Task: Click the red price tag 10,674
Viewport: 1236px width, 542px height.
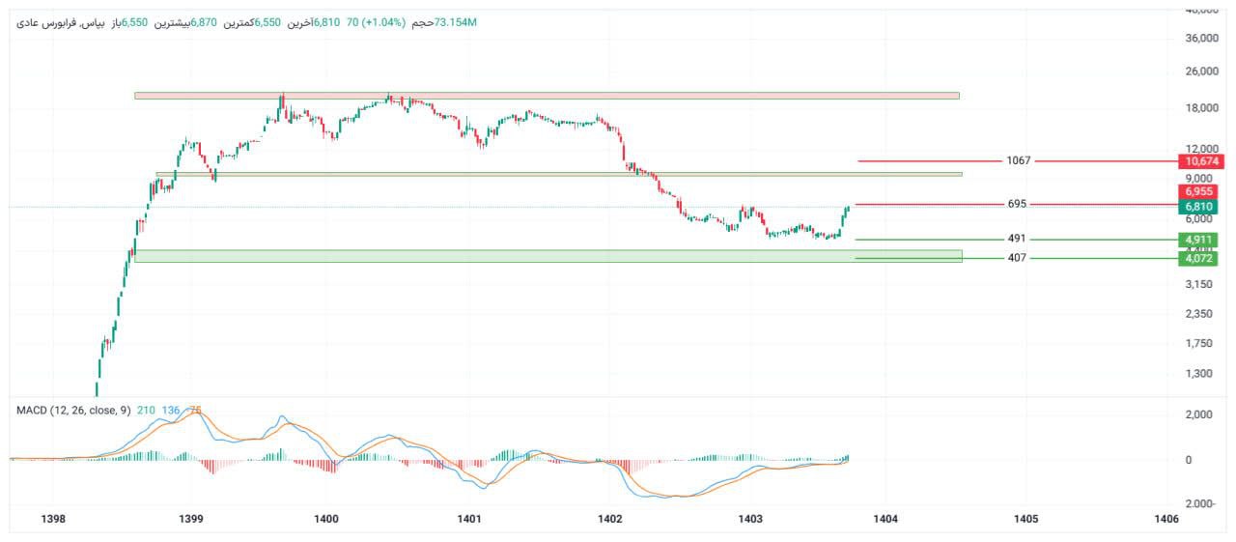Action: tap(1197, 160)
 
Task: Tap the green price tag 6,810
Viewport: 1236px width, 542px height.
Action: tap(1197, 207)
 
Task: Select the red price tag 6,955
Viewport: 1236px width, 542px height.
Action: tap(1197, 192)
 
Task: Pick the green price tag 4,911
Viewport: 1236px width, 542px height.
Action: tap(1197, 240)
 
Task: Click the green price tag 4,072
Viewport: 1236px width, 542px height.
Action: tap(1197, 258)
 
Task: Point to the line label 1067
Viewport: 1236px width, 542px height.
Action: tap(1018, 160)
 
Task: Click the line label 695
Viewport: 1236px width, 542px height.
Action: tap(1016, 204)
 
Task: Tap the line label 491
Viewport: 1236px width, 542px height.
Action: tap(1016, 239)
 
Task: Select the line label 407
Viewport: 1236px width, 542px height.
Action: tap(1016, 258)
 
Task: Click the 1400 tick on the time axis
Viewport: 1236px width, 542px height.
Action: tap(326, 519)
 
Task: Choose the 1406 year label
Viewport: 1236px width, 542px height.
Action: tap(1166, 519)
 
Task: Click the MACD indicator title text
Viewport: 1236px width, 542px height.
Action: tap(73, 411)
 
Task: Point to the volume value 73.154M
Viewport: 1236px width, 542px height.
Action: tap(457, 22)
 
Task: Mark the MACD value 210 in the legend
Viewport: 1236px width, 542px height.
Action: tap(146, 411)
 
